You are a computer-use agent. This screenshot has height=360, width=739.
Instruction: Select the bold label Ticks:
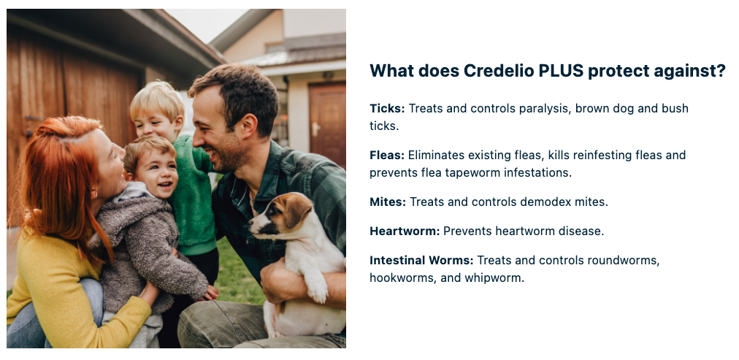click(x=387, y=108)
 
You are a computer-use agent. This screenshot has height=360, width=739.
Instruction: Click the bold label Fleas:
click(x=387, y=155)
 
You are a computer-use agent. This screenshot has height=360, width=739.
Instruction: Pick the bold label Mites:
click(x=388, y=202)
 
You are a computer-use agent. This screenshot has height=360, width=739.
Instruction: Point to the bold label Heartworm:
click(x=405, y=231)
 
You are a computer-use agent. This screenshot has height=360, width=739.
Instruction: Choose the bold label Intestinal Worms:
click(x=421, y=260)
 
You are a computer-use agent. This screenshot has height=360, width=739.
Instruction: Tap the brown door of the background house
click(x=328, y=125)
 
